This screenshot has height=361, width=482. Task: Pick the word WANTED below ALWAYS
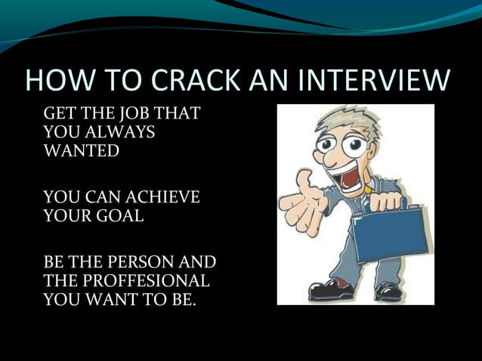[x=82, y=150]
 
